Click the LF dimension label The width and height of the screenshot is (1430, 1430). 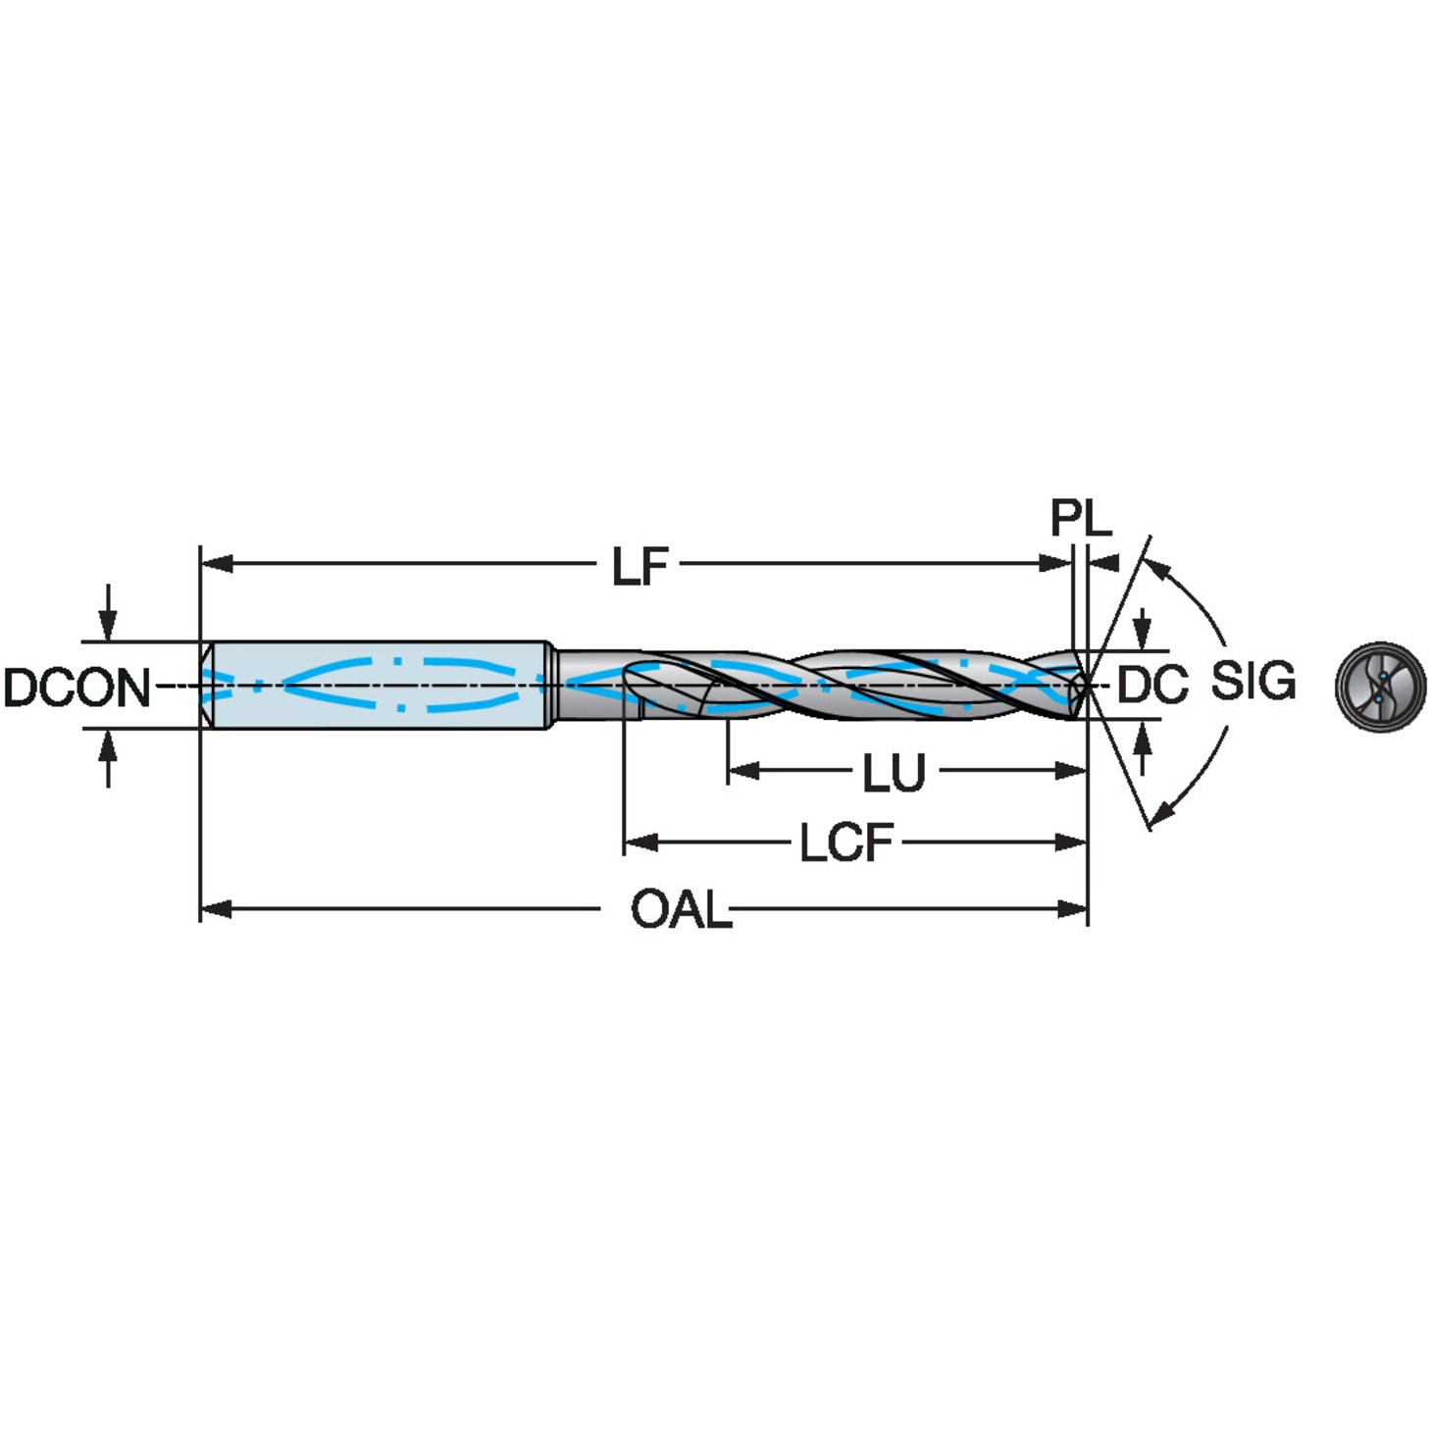(639, 567)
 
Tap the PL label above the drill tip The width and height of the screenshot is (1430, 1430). (1080, 517)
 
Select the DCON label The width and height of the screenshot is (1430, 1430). (77, 688)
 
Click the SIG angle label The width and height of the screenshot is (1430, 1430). (1252, 681)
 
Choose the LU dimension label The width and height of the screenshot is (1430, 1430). (894, 773)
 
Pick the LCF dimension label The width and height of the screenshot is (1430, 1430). (845, 843)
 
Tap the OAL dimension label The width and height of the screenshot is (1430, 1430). (680, 910)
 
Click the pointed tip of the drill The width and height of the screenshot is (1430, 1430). (1087, 685)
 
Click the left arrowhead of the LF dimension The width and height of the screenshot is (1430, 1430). (216, 564)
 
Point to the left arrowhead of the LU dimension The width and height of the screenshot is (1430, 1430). (743, 771)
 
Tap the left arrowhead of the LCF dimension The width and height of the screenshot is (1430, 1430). (639, 842)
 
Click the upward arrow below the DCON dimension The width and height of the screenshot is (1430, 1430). (108, 747)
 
